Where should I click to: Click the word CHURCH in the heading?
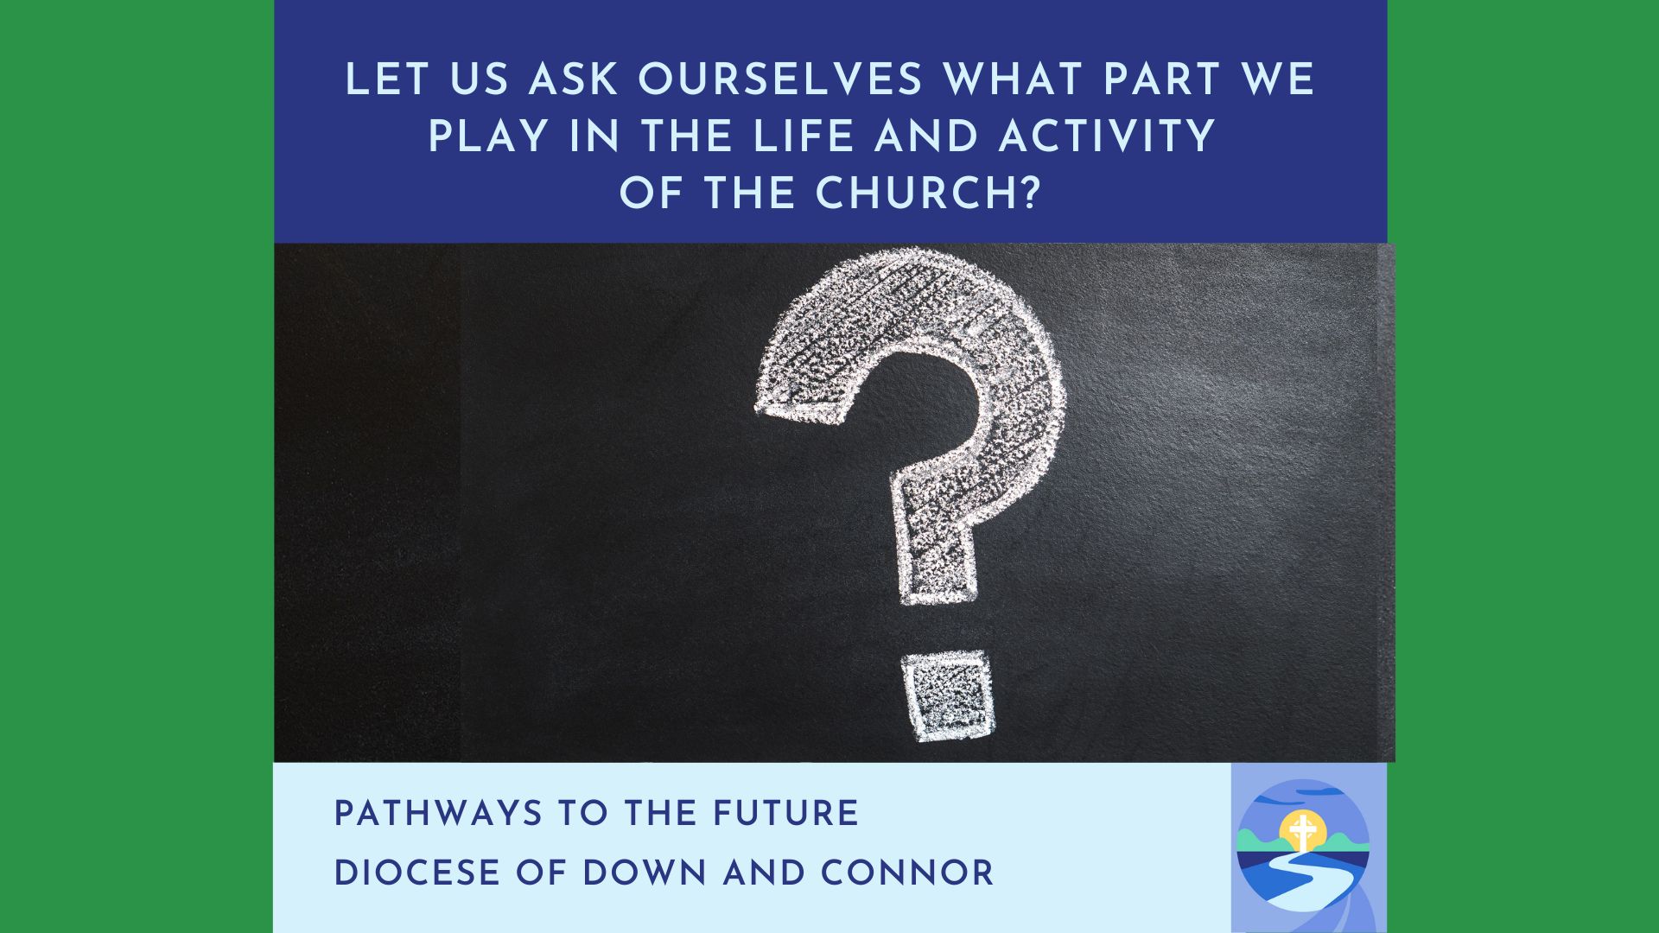click(x=915, y=193)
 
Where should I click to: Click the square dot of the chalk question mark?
click(x=947, y=696)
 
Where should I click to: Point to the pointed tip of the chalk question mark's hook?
click(x=758, y=406)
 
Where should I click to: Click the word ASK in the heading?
click(x=575, y=80)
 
